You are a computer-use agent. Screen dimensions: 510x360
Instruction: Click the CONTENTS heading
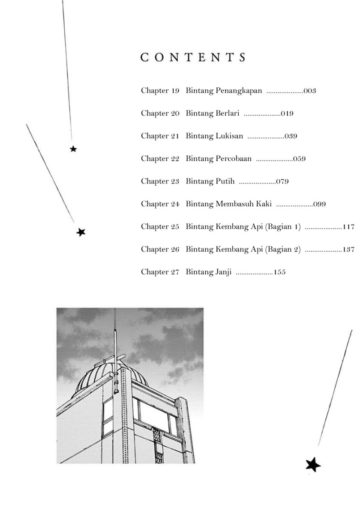(x=193, y=58)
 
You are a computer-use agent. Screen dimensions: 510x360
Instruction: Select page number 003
(x=309, y=91)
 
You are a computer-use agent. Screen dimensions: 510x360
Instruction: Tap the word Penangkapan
(x=238, y=91)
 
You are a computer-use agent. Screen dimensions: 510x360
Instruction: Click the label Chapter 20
(x=160, y=114)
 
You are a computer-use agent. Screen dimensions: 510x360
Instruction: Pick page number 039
(x=291, y=136)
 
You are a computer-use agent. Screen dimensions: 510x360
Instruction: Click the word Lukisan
(x=228, y=136)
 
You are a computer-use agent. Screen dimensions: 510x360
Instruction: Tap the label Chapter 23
(x=160, y=181)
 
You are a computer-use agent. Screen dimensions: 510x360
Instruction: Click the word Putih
(x=224, y=181)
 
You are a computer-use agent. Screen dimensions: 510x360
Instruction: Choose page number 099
(x=320, y=204)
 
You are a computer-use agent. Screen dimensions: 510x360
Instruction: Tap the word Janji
(x=222, y=272)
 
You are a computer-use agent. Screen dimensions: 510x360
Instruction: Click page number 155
(x=279, y=272)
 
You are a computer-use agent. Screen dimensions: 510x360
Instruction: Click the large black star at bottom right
(x=313, y=464)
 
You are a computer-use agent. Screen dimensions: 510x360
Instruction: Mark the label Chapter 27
(x=160, y=272)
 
